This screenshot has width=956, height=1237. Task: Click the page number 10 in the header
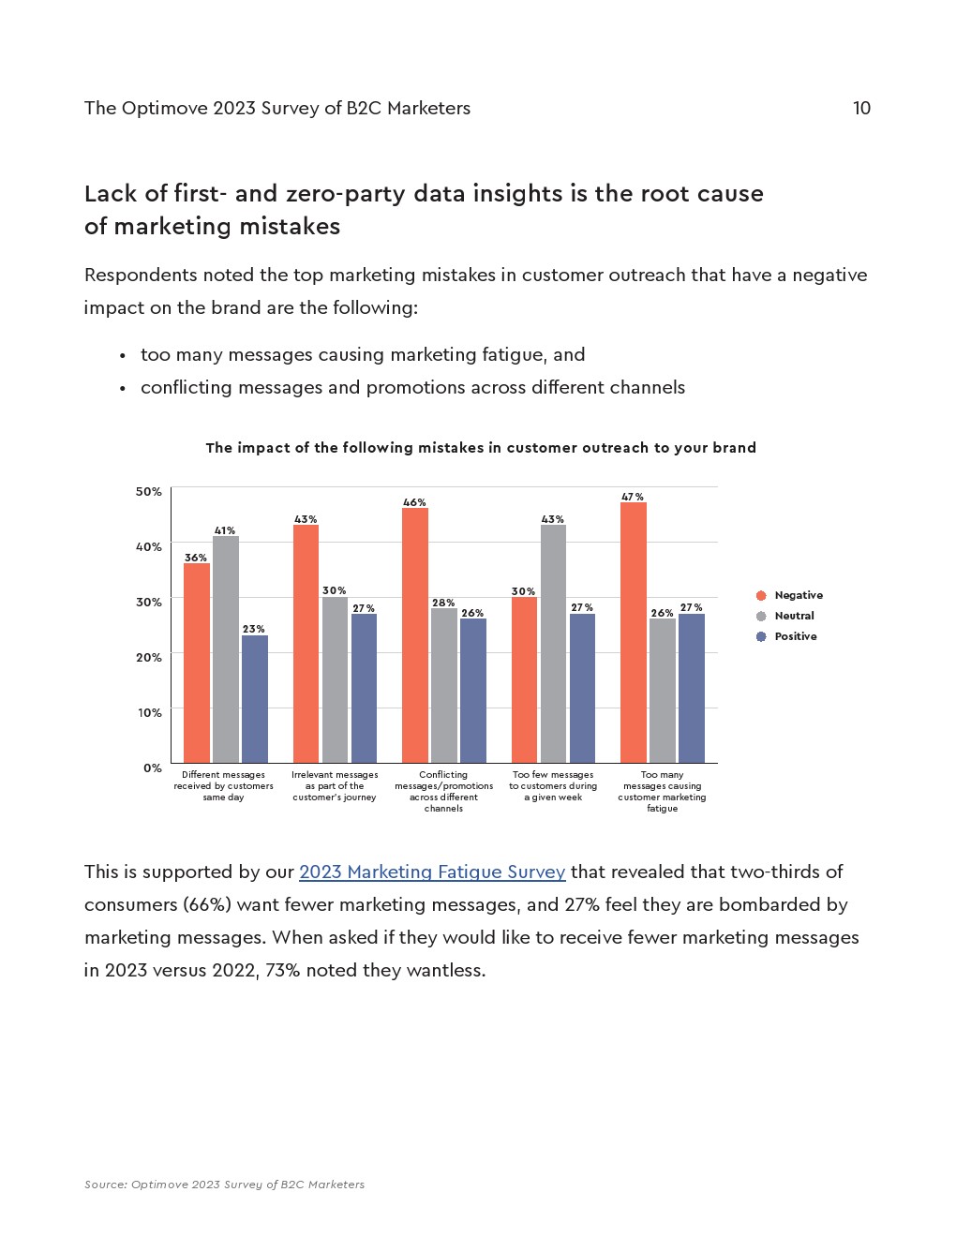(x=861, y=108)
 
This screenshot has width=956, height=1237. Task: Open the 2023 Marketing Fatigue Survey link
(x=432, y=872)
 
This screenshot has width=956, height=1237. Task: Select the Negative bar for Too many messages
(x=634, y=633)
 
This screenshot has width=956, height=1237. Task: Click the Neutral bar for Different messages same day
(x=226, y=649)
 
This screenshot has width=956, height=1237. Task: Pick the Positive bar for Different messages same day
(x=255, y=699)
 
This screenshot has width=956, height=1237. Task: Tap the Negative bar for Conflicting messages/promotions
(x=415, y=635)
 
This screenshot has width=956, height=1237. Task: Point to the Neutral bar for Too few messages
(x=553, y=644)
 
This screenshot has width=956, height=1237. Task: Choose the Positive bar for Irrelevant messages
(x=364, y=688)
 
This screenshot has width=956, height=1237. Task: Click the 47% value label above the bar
(x=633, y=497)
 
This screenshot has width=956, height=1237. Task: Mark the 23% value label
(x=254, y=629)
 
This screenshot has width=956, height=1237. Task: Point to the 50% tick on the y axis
(x=149, y=491)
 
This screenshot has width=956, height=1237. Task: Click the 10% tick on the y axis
(x=150, y=712)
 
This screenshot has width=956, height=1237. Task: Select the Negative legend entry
(x=798, y=595)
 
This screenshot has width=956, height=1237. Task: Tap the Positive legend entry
(x=795, y=636)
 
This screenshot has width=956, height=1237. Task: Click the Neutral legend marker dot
(x=761, y=616)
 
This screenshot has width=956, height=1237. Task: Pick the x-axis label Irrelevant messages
(x=335, y=785)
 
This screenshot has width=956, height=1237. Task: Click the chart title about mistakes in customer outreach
(x=481, y=448)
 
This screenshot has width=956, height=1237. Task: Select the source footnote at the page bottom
(x=224, y=1185)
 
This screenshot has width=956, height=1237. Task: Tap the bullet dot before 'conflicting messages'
(x=123, y=388)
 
